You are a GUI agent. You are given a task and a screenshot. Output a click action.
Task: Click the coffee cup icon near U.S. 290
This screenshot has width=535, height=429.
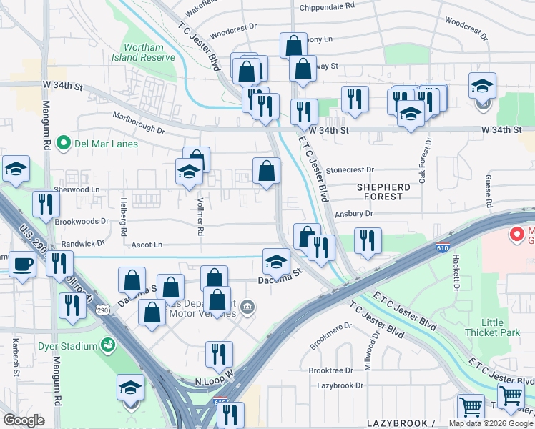click(x=22, y=263)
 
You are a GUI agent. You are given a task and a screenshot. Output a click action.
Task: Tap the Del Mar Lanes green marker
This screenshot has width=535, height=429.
click(x=62, y=143)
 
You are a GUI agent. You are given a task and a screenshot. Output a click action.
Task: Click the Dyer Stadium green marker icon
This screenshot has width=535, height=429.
click(x=109, y=346)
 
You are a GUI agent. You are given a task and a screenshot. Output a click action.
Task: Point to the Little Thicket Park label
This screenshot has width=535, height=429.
click(x=492, y=327)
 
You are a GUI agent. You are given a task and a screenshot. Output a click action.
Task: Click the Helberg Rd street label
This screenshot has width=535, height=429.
click(x=123, y=217)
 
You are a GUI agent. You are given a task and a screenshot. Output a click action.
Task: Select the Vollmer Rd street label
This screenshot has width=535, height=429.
click(x=202, y=217)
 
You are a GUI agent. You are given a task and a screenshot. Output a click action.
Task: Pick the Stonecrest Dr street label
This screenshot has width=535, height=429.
click(x=350, y=170)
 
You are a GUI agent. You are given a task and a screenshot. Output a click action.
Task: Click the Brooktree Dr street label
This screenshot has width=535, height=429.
click(x=330, y=370)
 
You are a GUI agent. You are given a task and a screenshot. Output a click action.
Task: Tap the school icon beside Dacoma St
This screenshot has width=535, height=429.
click(x=276, y=261)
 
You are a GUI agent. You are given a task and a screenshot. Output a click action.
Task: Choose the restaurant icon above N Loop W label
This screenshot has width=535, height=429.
click(x=219, y=353)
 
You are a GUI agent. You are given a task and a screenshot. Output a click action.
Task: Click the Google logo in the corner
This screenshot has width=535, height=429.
click(x=24, y=420)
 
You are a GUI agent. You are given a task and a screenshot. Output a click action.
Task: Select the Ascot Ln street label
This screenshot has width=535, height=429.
click(x=146, y=245)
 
